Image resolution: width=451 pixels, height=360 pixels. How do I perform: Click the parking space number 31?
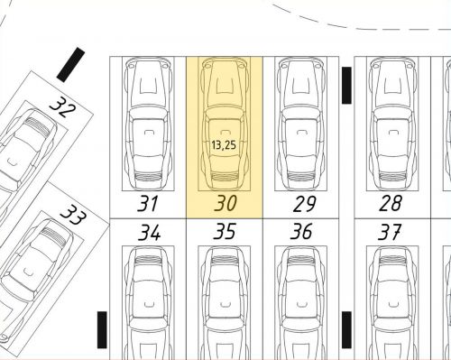point(147,204)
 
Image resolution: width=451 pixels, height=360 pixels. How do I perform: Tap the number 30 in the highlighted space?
point(225,203)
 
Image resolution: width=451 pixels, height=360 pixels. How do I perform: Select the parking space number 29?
point(304,204)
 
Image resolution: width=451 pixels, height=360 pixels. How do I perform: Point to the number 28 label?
point(391,203)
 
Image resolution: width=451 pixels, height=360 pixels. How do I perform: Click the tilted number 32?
point(63,107)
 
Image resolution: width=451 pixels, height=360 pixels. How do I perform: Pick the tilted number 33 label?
point(74,215)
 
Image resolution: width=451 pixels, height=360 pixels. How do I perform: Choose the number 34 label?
point(150,233)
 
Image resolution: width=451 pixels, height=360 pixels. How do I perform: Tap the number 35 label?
point(225,231)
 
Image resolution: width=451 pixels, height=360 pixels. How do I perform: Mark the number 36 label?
point(301,231)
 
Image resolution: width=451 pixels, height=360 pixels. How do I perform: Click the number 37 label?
point(390,232)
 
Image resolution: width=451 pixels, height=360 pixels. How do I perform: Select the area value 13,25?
point(224,145)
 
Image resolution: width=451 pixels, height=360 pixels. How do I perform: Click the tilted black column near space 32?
point(71,65)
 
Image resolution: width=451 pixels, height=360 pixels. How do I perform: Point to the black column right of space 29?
point(346,86)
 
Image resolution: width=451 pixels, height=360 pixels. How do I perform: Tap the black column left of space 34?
point(102,330)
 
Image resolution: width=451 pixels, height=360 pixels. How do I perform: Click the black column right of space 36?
point(346,330)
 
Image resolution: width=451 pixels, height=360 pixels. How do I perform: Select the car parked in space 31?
point(148,124)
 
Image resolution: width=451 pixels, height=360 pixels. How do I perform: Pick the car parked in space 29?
point(301,124)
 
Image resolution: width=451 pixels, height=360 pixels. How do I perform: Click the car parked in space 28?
point(392,124)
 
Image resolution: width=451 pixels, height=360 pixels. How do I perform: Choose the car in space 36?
point(301,303)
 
